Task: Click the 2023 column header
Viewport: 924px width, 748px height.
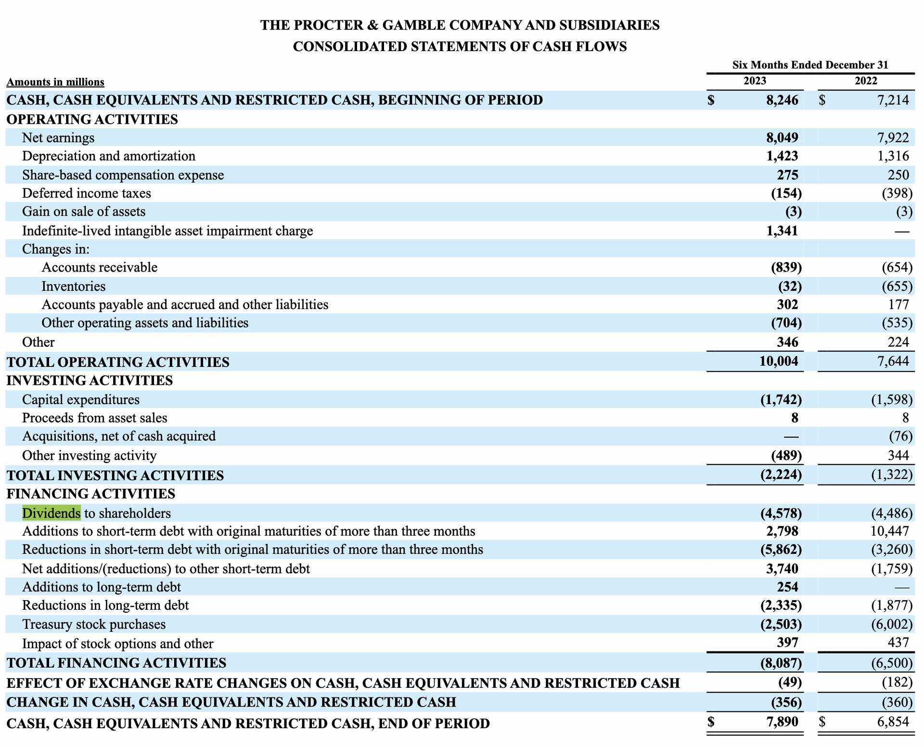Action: click(754, 81)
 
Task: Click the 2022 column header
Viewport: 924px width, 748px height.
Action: click(866, 81)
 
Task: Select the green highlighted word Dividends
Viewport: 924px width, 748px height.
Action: click(51, 513)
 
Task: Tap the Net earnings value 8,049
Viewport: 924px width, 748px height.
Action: click(782, 138)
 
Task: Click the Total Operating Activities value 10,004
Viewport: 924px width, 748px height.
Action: click(778, 361)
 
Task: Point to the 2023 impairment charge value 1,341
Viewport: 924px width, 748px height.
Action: click(782, 231)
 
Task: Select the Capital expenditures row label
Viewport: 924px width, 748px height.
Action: click(81, 399)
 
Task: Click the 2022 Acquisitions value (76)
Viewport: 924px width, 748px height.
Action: click(900, 436)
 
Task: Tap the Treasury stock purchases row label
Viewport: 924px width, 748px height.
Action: click(94, 624)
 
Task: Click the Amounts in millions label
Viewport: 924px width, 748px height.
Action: click(55, 82)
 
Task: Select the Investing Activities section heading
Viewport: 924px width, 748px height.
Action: click(90, 381)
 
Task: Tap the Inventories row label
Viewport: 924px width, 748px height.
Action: click(74, 286)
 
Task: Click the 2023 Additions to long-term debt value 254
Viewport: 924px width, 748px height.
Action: click(787, 587)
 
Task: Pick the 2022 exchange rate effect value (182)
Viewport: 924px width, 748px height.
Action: click(897, 682)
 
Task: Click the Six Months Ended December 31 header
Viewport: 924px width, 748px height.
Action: click(810, 65)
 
